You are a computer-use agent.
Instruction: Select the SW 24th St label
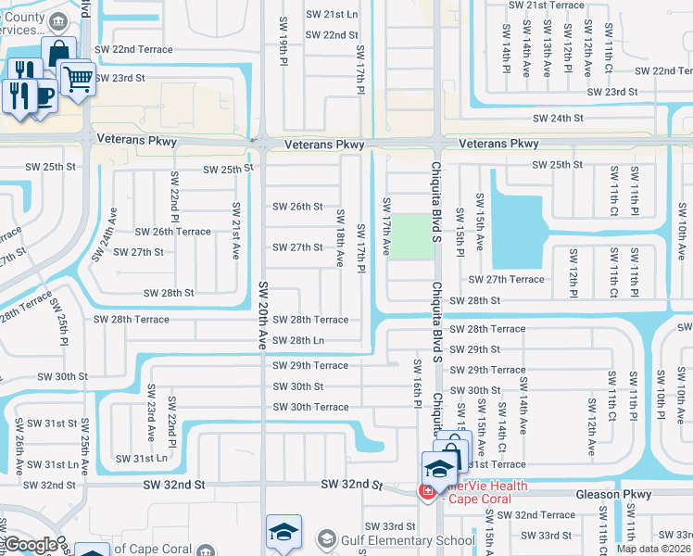point(557,118)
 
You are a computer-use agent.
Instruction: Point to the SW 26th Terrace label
point(172,232)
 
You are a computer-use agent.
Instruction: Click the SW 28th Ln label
point(298,341)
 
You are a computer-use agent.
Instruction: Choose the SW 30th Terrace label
point(310,408)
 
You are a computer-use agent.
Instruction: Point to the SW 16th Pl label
point(418,382)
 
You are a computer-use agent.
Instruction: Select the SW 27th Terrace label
point(506,279)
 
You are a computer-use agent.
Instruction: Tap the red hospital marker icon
point(428,490)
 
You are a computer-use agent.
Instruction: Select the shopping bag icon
point(58,54)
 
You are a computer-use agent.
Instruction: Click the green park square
point(409,235)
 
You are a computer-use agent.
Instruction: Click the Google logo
point(31,545)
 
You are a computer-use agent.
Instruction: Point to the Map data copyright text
point(654,549)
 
